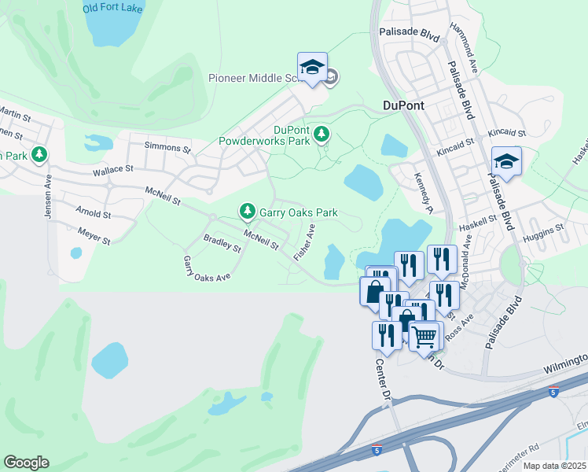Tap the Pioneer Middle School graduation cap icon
pos(312,67)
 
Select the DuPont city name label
pos(402,105)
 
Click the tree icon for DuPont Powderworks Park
pos(321,135)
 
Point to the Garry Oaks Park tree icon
pos(248,211)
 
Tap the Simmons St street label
pos(167,147)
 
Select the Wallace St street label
pos(113,168)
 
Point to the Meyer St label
pos(94,233)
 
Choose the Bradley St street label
pos(222,243)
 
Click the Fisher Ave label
pos(304,242)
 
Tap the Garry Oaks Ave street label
pos(206,269)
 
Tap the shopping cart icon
pos(425,336)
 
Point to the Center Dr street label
pos(383,379)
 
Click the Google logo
pos(26,463)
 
